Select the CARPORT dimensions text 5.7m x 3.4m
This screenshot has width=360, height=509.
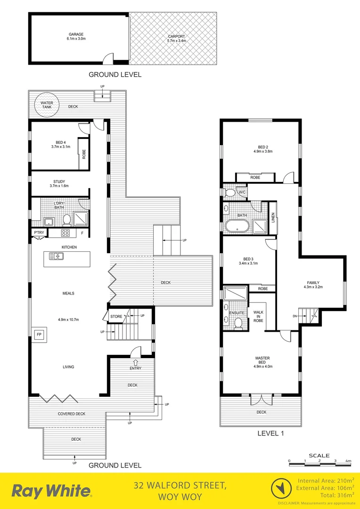coord(177,41)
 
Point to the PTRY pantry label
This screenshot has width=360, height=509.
coord(39,233)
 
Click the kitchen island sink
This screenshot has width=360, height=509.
coord(57,256)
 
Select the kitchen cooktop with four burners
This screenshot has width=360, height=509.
coord(65,233)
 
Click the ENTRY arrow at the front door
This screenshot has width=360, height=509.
coord(136,362)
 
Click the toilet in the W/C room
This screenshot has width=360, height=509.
coord(230,193)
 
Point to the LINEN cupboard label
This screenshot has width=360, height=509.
coord(272,218)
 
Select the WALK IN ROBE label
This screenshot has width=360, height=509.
coord(258,316)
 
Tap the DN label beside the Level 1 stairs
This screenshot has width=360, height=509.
coord(295,315)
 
